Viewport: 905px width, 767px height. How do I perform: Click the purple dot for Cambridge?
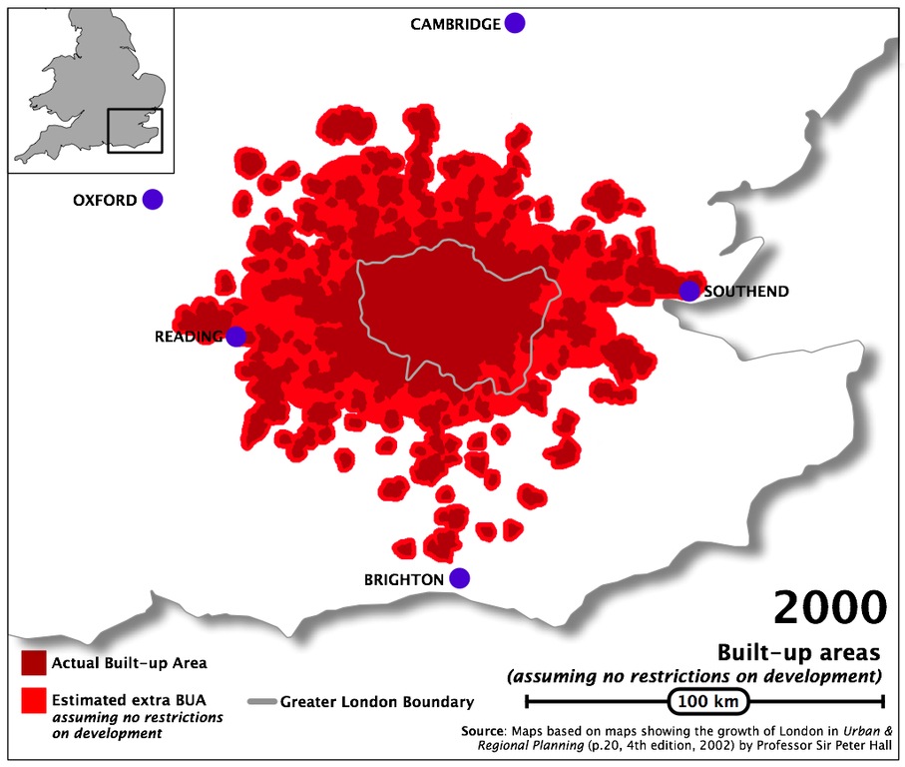pos(514,23)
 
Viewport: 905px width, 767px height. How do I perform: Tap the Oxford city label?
pos(105,201)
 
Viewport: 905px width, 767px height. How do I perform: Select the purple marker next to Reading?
pos(236,337)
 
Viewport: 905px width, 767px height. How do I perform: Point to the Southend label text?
pos(746,292)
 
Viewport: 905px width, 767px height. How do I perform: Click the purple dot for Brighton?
pos(459,578)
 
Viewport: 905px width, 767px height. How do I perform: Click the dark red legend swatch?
pos(33,662)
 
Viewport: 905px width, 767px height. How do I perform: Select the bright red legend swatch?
pos(33,701)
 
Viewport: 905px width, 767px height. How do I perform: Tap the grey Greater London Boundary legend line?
pos(260,701)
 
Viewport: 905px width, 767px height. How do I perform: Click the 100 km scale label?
pos(707,701)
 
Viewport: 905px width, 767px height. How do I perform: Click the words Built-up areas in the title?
pos(798,652)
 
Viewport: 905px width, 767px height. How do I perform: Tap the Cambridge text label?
pos(455,24)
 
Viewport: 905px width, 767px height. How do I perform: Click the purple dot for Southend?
pos(689,291)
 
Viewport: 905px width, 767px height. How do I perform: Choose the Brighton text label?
pos(403,579)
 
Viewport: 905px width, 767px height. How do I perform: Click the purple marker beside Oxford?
pos(152,200)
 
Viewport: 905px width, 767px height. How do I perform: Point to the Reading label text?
pos(188,338)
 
